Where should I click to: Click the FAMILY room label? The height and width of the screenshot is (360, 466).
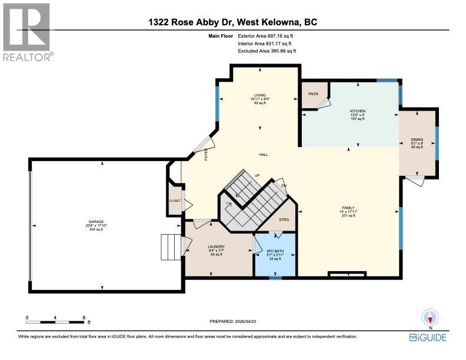pos(347,208)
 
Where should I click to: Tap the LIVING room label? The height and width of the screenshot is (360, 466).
pos(260,95)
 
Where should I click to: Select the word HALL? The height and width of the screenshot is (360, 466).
pos(264,155)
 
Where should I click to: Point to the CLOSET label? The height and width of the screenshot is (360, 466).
pos(175,201)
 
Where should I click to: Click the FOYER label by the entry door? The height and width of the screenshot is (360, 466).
pos(207,155)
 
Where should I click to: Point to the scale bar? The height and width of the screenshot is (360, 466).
pos(55,322)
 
